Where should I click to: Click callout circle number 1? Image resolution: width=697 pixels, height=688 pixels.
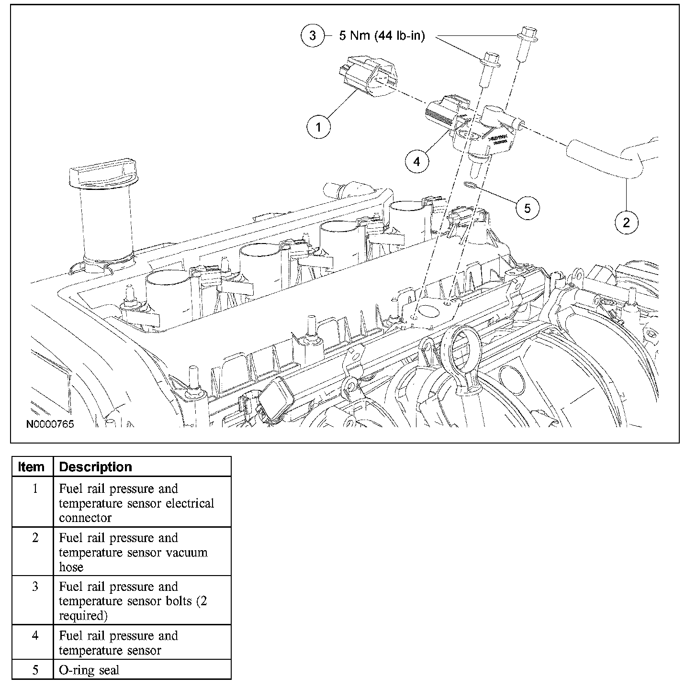[x=319, y=126]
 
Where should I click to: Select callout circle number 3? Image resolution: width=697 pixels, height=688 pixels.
[x=313, y=35]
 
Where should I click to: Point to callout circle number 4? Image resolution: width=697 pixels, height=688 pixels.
[x=416, y=161]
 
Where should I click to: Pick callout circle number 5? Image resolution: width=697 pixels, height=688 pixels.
[x=527, y=208]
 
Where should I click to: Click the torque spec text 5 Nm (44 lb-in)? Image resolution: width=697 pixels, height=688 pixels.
[x=382, y=36]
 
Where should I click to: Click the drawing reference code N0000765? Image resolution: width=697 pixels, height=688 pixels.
[x=50, y=424]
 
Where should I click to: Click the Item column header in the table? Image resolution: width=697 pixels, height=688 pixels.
[x=31, y=467]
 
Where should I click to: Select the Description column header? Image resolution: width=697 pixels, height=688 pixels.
[x=95, y=467]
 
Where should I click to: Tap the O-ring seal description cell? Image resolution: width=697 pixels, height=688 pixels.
[x=89, y=670]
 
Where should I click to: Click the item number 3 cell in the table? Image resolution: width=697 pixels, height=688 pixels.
[x=35, y=587]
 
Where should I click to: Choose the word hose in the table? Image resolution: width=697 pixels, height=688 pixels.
[x=71, y=567]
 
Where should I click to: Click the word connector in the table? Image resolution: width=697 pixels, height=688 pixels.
[x=85, y=518]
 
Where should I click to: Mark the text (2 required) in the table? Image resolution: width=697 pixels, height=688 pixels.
[x=134, y=608]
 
